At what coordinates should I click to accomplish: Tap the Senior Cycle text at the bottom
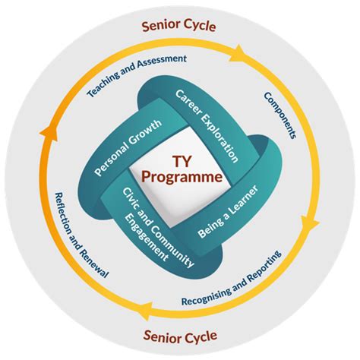[179, 334]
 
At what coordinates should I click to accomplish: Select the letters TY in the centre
[180, 162]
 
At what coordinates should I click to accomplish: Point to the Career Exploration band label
[207, 126]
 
